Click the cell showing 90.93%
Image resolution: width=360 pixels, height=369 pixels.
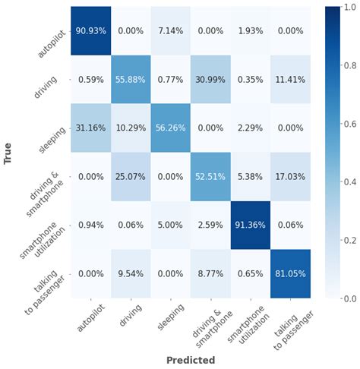[x=91, y=30]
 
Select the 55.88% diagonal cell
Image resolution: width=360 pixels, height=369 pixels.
[x=131, y=79]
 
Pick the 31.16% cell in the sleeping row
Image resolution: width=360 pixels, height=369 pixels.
[x=91, y=128]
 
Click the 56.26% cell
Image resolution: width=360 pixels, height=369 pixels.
[x=171, y=128]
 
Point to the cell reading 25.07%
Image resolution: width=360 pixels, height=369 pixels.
[x=131, y=177]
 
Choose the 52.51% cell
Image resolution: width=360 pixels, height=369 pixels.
[x=210, y=177]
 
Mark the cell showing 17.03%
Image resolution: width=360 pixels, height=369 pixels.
[x=290, y=177]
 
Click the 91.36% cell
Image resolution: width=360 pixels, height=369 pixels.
[x=251, y=225]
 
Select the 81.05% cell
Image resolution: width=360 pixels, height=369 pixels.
[x=290, y=274]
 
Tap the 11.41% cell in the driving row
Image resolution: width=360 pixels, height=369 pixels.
[x=290, y=79]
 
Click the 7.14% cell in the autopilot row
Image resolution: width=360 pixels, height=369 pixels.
[x=171, y=30]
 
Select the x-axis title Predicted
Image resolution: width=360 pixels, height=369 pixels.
[x=191, y=360]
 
